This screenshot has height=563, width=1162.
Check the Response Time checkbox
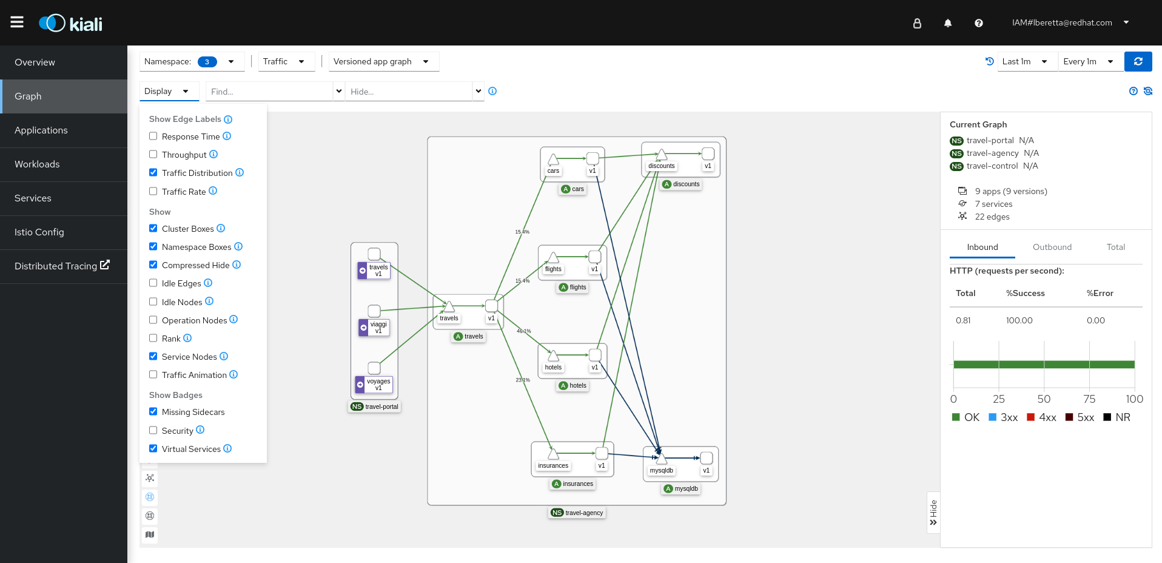(x=153, y=137)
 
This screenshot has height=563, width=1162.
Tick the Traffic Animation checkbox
(x=153, y=375)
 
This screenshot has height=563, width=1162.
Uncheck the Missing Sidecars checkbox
(x=153, y=412)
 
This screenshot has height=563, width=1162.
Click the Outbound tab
(x=1052, y=247)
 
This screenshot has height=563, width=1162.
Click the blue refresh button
(x=1138, y=61)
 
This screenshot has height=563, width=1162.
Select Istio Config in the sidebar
(x=39, y=232)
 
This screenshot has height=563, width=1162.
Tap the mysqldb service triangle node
(x=661, y=459)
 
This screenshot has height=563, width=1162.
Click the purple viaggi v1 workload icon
(x=363, y=328)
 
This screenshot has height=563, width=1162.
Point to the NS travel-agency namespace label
(x=577, y=513)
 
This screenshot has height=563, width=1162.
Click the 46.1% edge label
(x=524, y=331)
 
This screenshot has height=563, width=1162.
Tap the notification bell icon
(x=947, y=23)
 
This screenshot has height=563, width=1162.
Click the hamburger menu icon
(x=17, y=22)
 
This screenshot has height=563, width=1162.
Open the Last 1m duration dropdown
(x=1024, y=61)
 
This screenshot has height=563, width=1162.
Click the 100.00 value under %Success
(x=1019, y=320)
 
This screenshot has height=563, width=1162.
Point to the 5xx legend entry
(x=1080, y=417)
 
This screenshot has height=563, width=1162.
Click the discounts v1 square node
(x=708, y=154)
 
